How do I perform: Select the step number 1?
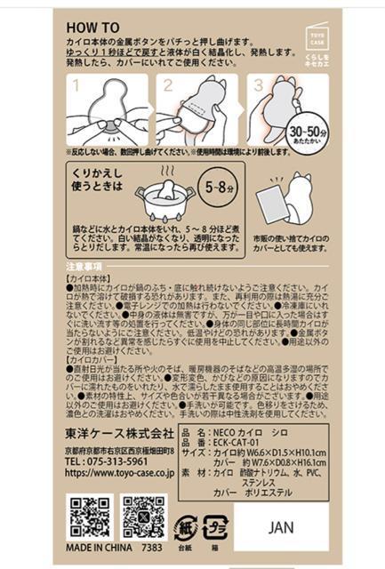point(76,86)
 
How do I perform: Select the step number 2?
point(166,86)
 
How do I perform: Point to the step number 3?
point(257,86)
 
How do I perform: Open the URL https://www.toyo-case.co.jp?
point(119,476)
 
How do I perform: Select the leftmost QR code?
point(89,517)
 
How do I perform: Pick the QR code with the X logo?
point(144,517)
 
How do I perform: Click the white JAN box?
point(281,526)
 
